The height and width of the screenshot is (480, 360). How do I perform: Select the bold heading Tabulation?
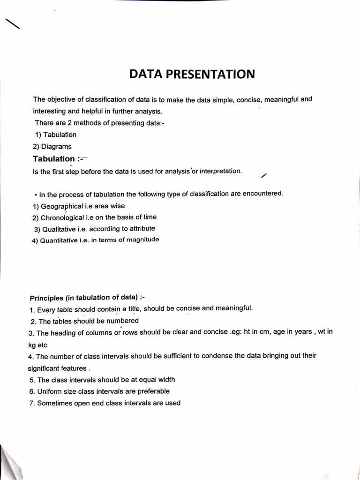pos(54,159)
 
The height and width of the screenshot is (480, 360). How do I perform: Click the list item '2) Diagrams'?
pos(52,147)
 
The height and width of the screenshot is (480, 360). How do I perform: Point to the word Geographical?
pos(62,206)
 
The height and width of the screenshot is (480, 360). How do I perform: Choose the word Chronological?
pos(62,217)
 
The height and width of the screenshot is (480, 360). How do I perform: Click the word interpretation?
pos(220,171)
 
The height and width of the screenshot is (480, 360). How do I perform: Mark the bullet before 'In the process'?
pos(36,195)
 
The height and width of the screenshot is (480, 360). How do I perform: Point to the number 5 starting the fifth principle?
pos(31,380)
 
